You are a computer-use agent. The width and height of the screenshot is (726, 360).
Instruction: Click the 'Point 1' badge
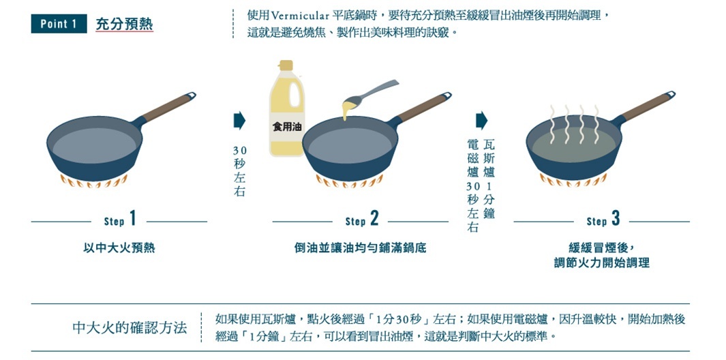pyautogui.click(x=59, y=24)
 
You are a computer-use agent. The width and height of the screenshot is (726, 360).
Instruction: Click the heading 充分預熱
pyautogui.click(x=124, y=25)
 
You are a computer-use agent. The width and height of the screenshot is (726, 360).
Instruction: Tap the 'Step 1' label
pyautogui.click(x=120, y=220)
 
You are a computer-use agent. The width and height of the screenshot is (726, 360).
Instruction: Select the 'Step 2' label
pyautogui.click(x=361, y=220)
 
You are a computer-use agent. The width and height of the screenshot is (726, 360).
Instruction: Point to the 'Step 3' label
pyautogui.click(x=603, y=220)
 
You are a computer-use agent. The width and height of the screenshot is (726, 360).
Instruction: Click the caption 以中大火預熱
pyautogui.click(x=119, y=248)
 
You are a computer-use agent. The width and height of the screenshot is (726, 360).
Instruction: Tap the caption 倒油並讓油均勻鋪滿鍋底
pyautogui.click(x=360, y=248)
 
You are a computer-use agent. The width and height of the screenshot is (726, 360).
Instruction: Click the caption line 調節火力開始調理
pyautogui.click(x=601, y=262)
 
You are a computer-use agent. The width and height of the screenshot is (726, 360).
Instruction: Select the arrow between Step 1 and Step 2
pyautogui.click(x=239, y=121)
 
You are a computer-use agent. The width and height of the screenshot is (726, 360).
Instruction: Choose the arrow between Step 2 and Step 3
pyautogui.click(x=481, y=121)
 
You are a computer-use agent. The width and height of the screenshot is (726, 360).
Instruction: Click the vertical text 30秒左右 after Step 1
pyautogui.click(x=239, y=170)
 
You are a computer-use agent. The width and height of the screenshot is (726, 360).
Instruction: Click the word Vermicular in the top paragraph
pyautogui.click(x=300, y=15)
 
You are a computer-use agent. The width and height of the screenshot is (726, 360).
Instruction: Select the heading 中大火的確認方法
pyautogui.click(x=130, y=327)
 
